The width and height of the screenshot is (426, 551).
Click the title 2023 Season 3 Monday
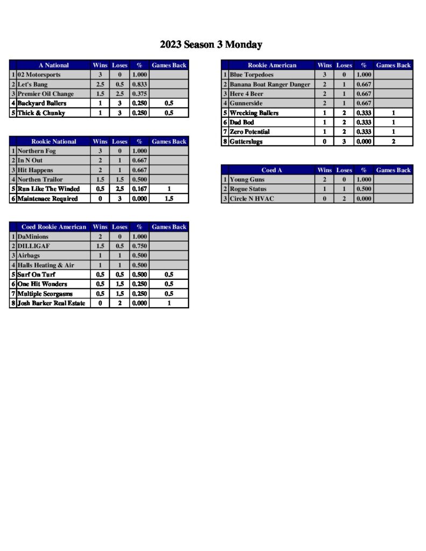(211, 45)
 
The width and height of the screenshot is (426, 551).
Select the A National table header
(54, 65)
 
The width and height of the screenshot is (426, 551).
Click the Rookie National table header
(54, 142)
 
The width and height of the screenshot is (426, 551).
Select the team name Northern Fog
(37, 151)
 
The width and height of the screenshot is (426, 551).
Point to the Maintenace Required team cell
(47, 199)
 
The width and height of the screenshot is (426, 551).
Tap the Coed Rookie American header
(54, 227)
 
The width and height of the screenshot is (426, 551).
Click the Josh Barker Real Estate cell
(51, 303)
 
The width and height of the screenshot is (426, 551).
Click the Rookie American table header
(271, 65)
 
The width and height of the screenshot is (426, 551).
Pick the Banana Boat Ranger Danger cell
(270, 84)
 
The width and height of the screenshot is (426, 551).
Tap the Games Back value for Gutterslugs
(393, 142)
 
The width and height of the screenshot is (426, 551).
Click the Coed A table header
(271, 170)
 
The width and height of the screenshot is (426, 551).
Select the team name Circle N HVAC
(251, 199)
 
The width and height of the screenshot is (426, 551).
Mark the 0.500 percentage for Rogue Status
(364, 189)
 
